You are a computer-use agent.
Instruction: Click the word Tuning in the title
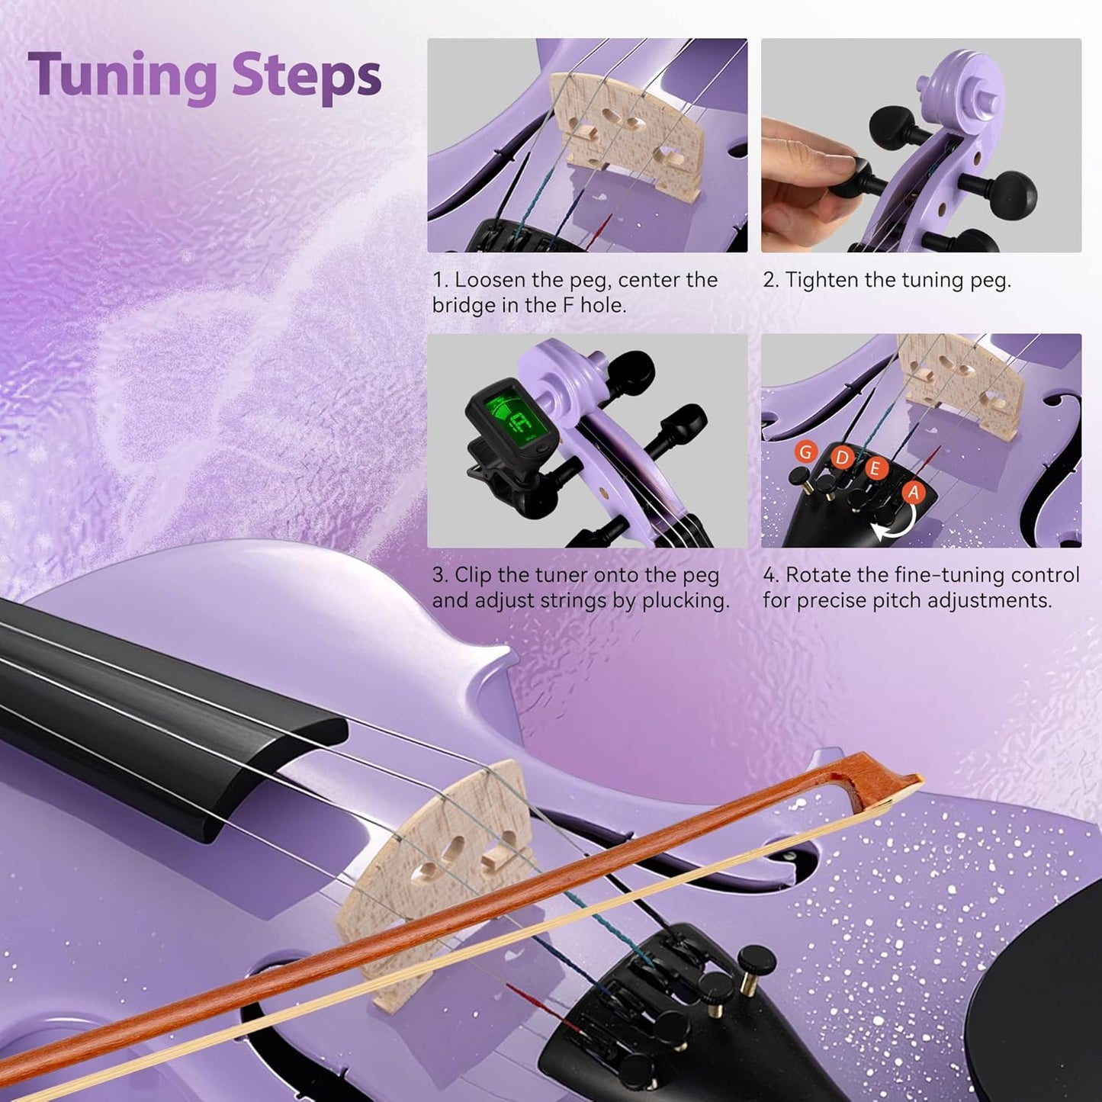point(122,76)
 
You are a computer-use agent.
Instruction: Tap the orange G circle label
point(805,451)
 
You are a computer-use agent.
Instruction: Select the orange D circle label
point(841,457)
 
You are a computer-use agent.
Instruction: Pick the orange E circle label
point(875,467)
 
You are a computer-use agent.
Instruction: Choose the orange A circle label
point(913,492)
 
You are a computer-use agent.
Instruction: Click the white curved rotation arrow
point(895,525)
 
